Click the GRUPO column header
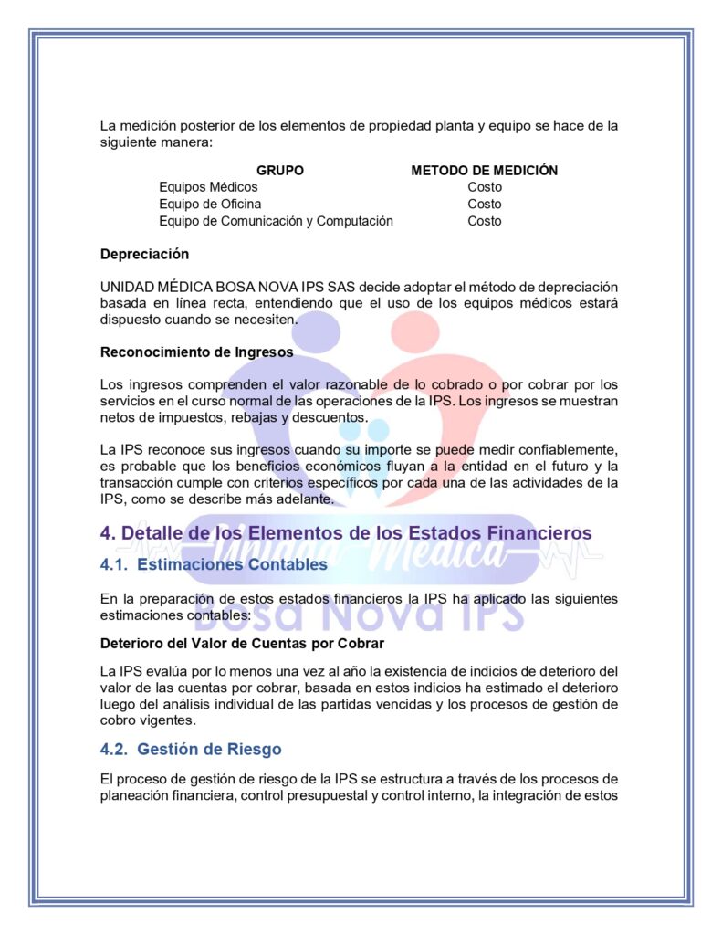point(280,171)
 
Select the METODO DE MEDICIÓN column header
point(484,171)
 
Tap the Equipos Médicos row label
point(208,187)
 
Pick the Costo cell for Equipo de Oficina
point(485,205)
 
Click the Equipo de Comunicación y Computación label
point(276,221)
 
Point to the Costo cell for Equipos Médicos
point(485,187)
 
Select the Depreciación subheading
point(144,254)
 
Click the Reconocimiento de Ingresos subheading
point(196,352)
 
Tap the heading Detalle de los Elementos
point(357,532)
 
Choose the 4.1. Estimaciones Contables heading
point(214,564)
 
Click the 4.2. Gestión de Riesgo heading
point(191,750)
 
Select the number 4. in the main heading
point(108,532)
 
